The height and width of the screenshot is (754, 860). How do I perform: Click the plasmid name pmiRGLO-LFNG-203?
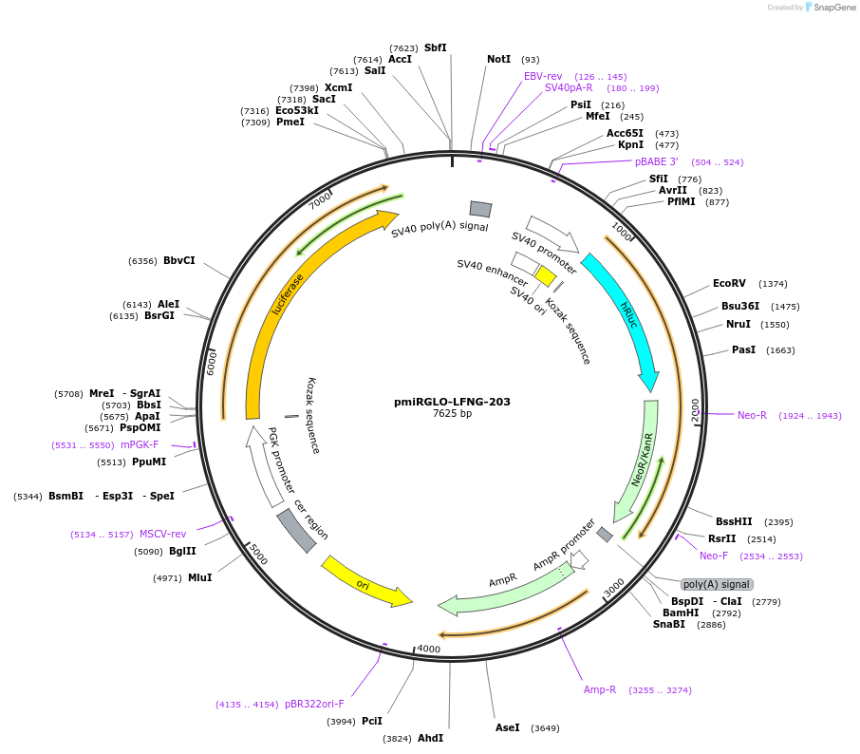click(452, 402)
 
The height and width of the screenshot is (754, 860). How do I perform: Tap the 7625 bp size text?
click(452, 414)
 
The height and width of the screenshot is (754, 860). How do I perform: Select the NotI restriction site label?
click(498, 59)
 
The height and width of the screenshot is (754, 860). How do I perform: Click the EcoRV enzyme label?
click(729, 283)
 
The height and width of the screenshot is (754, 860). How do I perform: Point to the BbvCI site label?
click(178, 260)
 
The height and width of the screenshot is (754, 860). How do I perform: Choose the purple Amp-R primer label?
click(600, 689)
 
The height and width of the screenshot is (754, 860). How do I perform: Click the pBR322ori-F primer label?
click(314, 704)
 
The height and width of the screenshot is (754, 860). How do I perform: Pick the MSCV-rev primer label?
click(163, 534)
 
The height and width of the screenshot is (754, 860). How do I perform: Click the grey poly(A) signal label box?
click(717, 584)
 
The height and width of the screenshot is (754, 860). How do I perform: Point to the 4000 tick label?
click(429, 650)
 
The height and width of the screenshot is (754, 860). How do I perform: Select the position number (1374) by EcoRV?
click(773, 284)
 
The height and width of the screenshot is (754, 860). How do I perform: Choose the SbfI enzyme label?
click(436, 47)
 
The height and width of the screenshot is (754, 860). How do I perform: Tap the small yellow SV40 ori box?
click(546, 275)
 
